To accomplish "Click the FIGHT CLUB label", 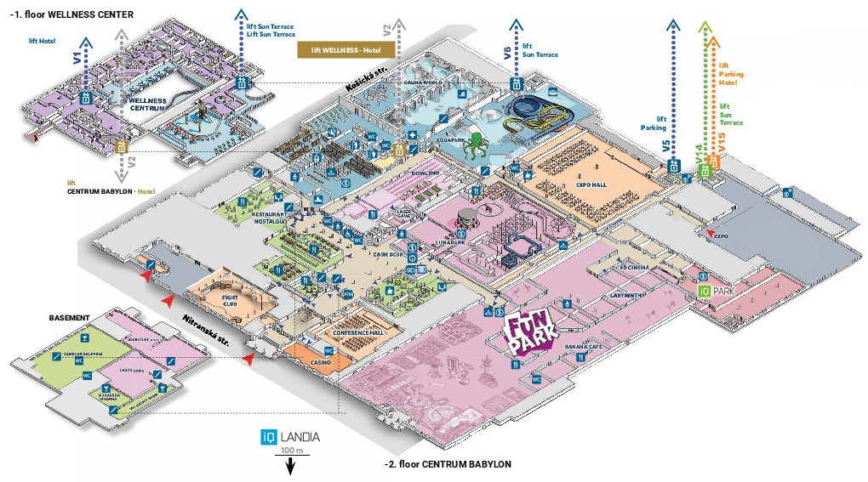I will (x=229, y=302).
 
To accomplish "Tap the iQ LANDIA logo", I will (x=291, y=437).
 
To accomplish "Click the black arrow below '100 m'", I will (x=290, y=465).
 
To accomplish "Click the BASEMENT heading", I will (x=69, y=318).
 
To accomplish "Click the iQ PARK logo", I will (x=716, y=291).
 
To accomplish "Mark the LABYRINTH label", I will (x=627, y=295).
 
